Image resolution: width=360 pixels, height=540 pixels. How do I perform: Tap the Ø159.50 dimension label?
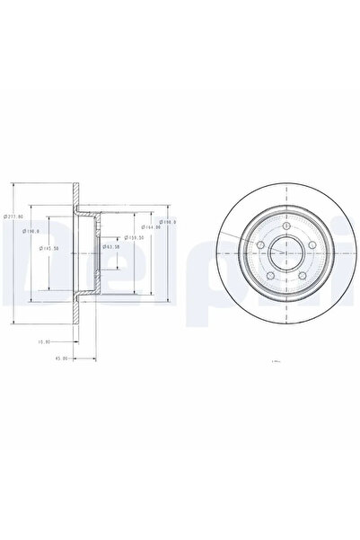135,238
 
